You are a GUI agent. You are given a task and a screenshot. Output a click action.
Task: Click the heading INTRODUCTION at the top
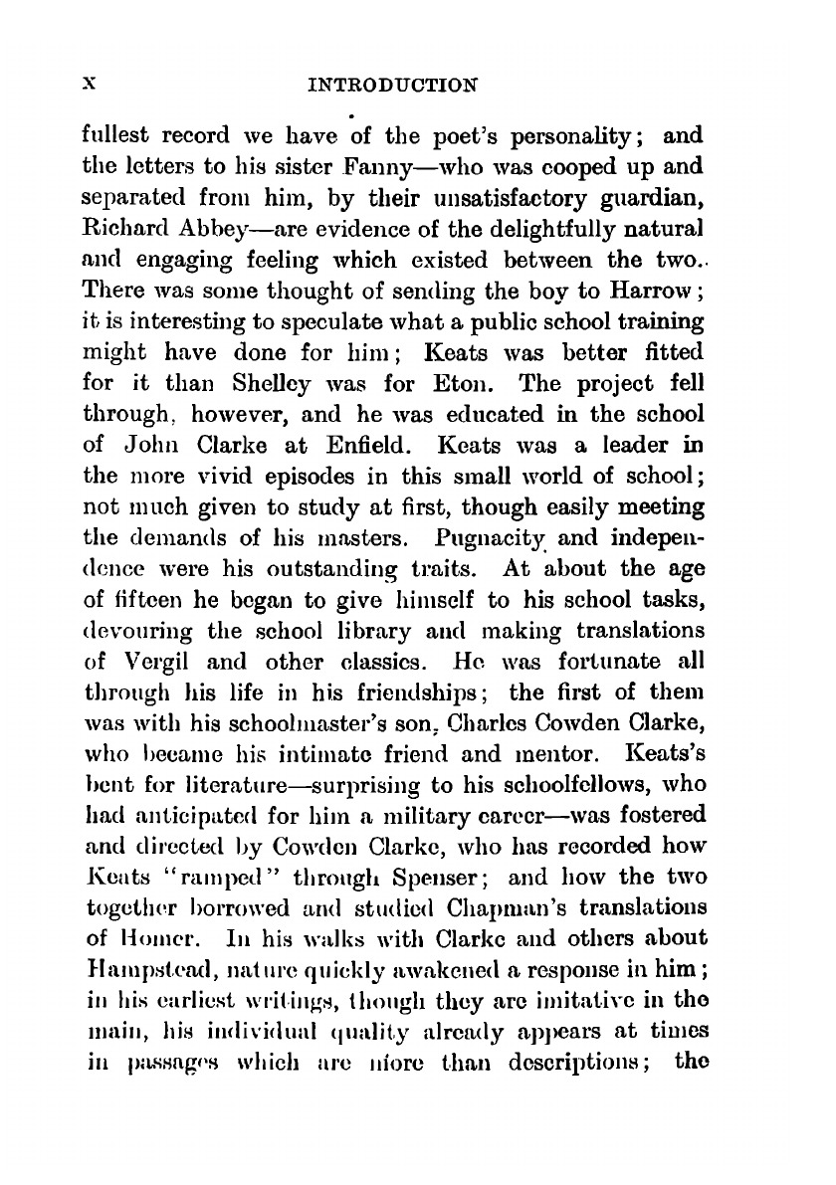point(392,85)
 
